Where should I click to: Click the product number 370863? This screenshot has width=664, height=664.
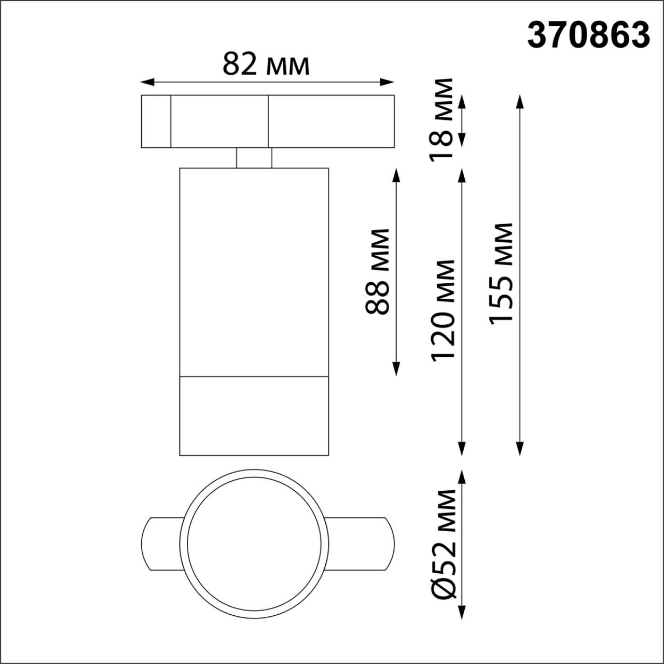pos(588,35)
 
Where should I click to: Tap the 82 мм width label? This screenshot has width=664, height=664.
pos(266,64)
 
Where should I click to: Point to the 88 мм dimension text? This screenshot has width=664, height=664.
pos(378,271)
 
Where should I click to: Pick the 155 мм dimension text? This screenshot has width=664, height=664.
pos(501,274)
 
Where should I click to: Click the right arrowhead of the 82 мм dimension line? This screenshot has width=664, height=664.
pos(388,82)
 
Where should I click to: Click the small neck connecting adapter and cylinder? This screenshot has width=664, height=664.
pos(254,158)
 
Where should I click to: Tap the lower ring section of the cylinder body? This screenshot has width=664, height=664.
pos(254,416)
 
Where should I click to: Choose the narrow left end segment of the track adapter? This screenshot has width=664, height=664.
pos(156,121)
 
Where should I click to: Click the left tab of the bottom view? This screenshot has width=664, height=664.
pos(160,544)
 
